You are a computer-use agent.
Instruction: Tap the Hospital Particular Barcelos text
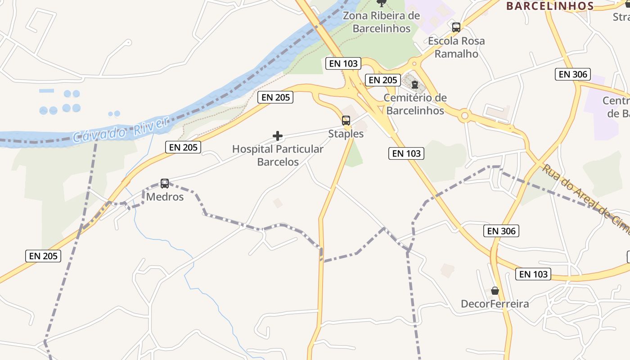coord(278,155)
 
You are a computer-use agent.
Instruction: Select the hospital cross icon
coord(278,135)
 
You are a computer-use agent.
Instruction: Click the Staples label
coord(346,134)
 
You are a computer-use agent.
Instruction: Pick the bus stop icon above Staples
coord(346,120)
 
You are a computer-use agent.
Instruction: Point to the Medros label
coord(165,197)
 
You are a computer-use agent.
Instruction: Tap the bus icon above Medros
coord(165,183)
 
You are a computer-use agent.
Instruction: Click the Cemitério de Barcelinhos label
coord(415,104)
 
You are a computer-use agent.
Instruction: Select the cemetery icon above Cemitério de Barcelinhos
coord(415,84)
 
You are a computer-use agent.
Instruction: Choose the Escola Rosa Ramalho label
coord(456,47)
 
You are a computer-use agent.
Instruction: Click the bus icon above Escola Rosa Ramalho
coord(456,27)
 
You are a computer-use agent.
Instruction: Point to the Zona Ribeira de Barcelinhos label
coord(382,22)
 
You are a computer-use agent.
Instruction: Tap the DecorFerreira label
coord(495,304)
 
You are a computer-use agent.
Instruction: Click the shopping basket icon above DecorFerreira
coord(495,291)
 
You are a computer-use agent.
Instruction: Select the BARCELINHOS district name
coord(550,6)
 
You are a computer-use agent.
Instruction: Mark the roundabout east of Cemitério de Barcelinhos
coord(465,117)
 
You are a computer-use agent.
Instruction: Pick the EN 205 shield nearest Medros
coord(183,147)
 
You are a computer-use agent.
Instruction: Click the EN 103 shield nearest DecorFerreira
coord(534,274)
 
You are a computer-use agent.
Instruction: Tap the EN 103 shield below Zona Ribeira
coord(343,63)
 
